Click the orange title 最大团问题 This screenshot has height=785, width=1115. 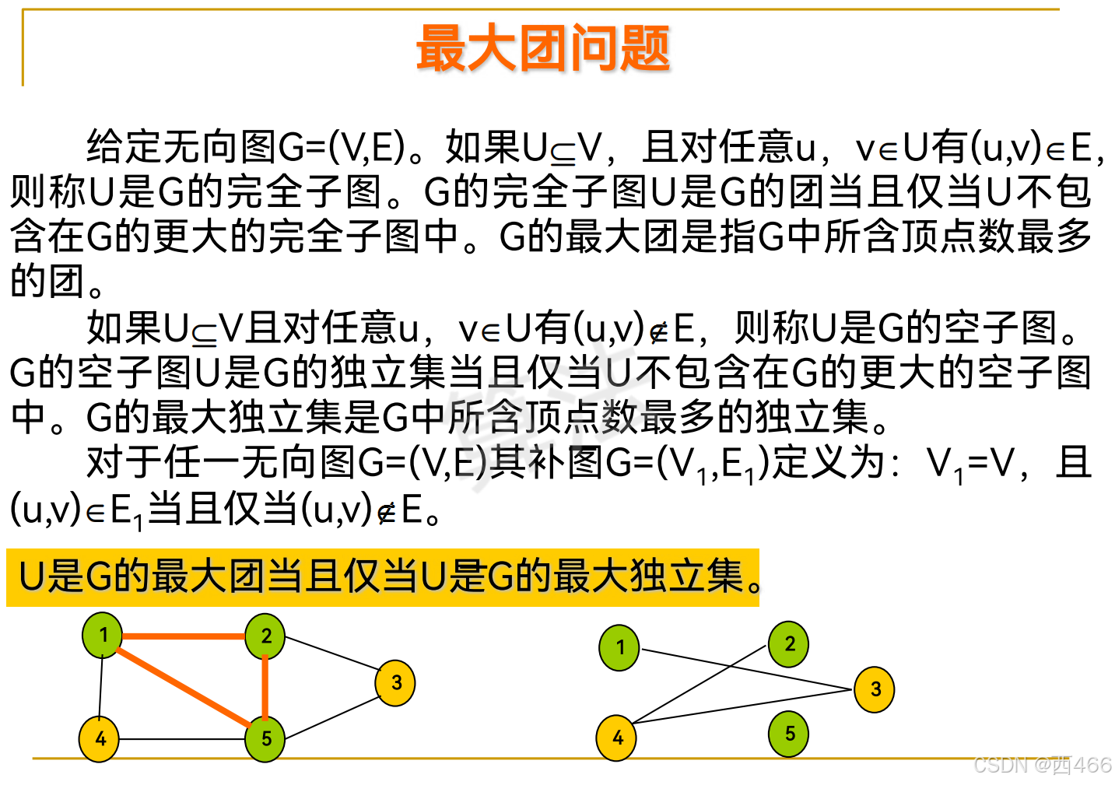pyautogui.click(x=543, y=48)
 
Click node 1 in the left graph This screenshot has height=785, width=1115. pyautogui.click(x=103, y=635)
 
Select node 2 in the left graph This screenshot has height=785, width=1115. pyautogui.click(x=265, y=636)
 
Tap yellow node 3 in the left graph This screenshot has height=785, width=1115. pyautogui.click(x=395, y=683)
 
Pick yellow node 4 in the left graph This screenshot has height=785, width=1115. pyautogui.click(x=100, y=738)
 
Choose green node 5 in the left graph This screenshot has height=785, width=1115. pyautogui.click(x=265, y=739)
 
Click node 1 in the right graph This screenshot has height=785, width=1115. pyautogui.click(x=619, y=647)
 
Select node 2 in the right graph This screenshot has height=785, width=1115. pyautogui.click(x=789, y=644)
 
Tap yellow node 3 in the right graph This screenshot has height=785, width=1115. pyautogui.click(x=875, y=689)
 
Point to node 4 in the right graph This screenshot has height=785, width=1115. pyautogui.click(x=617, y=738)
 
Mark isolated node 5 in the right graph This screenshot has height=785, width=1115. pyautogui.click(x=789, y=734)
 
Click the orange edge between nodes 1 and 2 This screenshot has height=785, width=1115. pyautogui.click(x=184, y=636)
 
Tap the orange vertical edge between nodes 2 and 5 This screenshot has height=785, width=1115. pyautogui.click(x=265, y=688)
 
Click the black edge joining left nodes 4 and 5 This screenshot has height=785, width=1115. pyautogui.click(x=182, y=739)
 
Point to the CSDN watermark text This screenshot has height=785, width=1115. pyautogui.click(x=1043, y=766)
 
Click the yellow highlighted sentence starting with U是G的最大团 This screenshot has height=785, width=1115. pyautogui.click(x=381, y=577)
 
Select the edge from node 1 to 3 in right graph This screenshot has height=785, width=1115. pyautogui.click(x=747, y=669)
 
